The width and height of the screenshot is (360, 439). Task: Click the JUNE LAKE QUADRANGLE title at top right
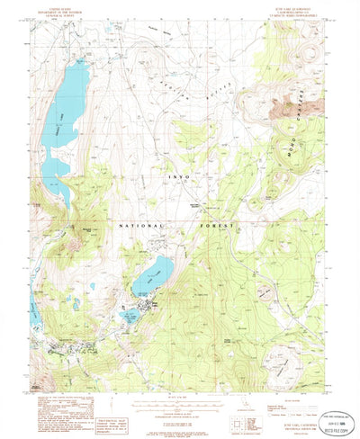298,9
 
